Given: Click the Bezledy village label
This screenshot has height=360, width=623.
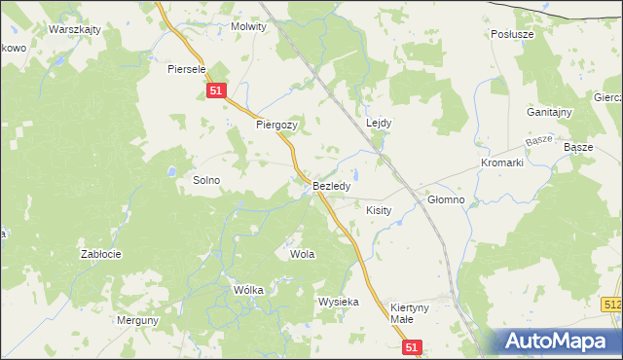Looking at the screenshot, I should pyautogui.click(x=332, y=185).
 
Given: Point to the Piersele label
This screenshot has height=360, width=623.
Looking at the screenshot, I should pyautogui.click(x=186, y=69).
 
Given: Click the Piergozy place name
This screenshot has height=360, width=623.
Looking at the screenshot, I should pyautogui.click(x=276, y=126).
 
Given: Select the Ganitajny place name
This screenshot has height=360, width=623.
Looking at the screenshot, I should pyautogui.click(x=550, y=112).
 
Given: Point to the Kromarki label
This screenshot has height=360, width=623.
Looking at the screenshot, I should pyautogui.click(x=502, y=162).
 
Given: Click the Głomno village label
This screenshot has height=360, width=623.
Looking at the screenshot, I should pyautogui.click(x=447, y=199).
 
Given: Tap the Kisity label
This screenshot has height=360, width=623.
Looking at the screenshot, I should pyautogui.click(x=378, y=209).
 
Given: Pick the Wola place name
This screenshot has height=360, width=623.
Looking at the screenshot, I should pyautogui.click(x=302, y=254).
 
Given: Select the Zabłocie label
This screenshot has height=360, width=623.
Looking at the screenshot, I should pyautogui.click(x=100, y=254).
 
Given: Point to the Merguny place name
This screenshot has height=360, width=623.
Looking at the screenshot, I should pyautogui.click(x=137, y=320).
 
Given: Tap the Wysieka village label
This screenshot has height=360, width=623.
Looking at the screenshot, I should pyautogui.click(x=338, y=302).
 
